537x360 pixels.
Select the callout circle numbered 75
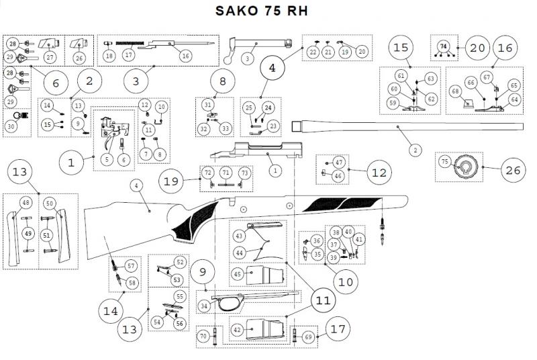point(444,162)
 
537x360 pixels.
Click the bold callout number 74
point(442,46)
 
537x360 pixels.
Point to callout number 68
point(455,91)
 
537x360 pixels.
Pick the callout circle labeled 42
point(237,330)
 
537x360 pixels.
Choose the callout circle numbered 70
point(203,335)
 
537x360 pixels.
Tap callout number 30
point(11,126)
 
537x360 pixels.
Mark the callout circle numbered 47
point(339,163)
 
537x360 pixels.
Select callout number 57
point(132,266)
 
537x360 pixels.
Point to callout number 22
point(313,52)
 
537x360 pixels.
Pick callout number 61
point(400,75)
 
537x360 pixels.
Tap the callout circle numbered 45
point(237,273)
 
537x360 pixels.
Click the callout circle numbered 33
point(225,128)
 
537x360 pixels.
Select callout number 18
point(109,56)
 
